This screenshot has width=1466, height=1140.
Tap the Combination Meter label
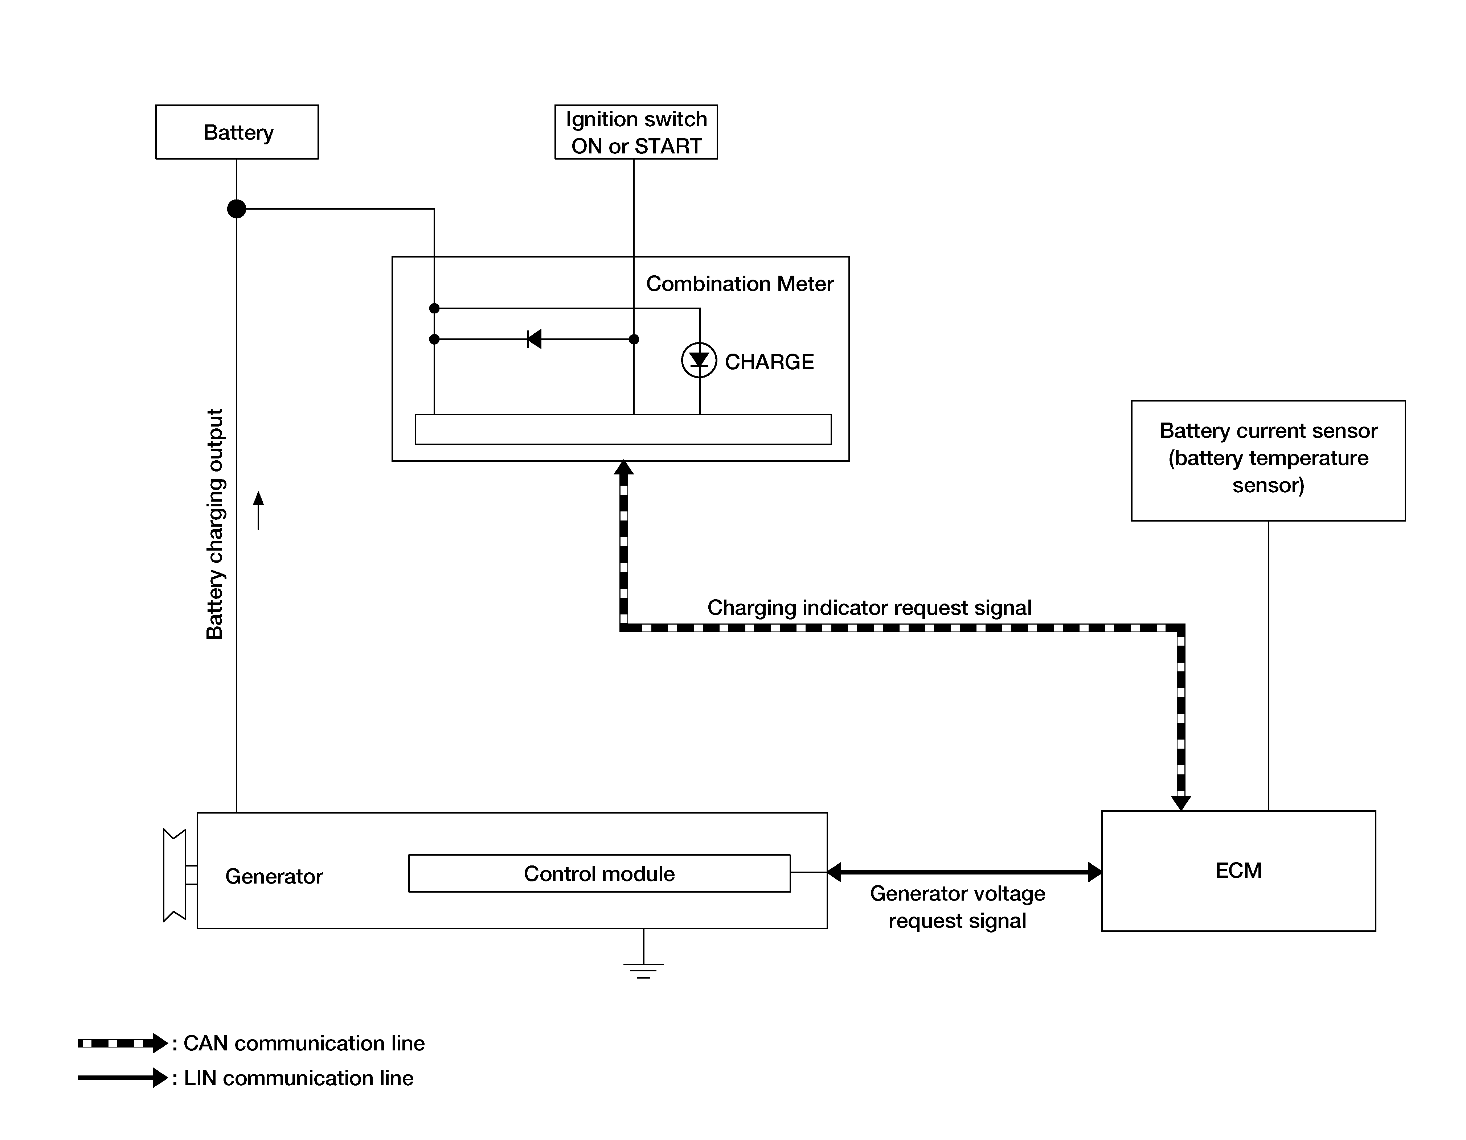pyautogui.click(x=739, y=284)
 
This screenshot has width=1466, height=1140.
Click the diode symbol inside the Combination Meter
pyautogui.click(x=534, y=339)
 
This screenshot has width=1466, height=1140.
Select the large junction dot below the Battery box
pyautogui.click(x=236, y=209)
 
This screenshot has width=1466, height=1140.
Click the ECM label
pyautogui.click(x=1238, y=870)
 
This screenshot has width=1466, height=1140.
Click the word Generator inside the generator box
pyautogui.click(x=274, y=876)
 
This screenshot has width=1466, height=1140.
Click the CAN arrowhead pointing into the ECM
pyautogui.click(x=1181, y=803)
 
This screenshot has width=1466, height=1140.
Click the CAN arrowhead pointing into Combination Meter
pyautogui.click(x=623, y=467)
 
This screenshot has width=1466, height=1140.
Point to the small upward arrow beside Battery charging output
pyautogui.click(x=258, y=510)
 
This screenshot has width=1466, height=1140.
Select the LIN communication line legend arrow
pyautogui.click(x=123, y=1078)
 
